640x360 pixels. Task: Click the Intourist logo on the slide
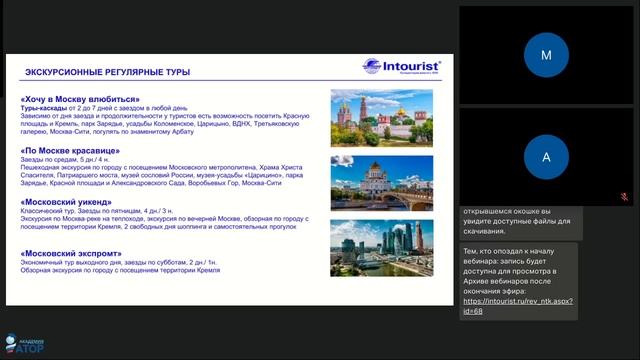click(x=399, y=67)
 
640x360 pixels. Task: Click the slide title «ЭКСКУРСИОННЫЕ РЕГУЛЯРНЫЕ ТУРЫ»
click(x=107, y=73)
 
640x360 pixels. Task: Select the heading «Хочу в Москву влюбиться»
click(x=80, y=99)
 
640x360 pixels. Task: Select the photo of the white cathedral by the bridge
click(x=381, y=182)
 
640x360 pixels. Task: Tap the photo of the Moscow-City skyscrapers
click(x=381, y=247)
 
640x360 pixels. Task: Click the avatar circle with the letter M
click(x=545, y=56)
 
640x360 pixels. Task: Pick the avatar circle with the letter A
click(x=545, y=157)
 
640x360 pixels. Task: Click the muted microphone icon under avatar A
click(x=624, y=197)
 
